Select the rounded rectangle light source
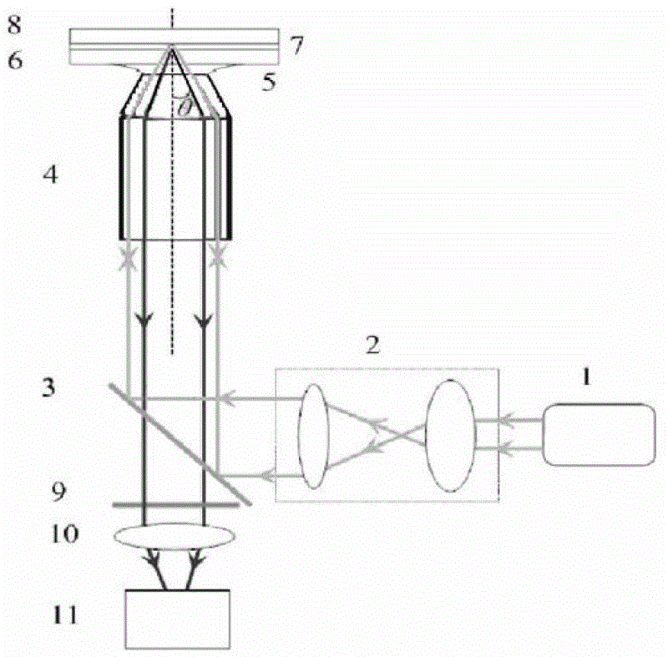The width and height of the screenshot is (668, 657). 599,434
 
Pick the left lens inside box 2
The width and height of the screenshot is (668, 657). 314,435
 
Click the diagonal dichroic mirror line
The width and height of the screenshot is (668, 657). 180,443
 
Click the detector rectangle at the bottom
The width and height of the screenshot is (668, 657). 177,619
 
